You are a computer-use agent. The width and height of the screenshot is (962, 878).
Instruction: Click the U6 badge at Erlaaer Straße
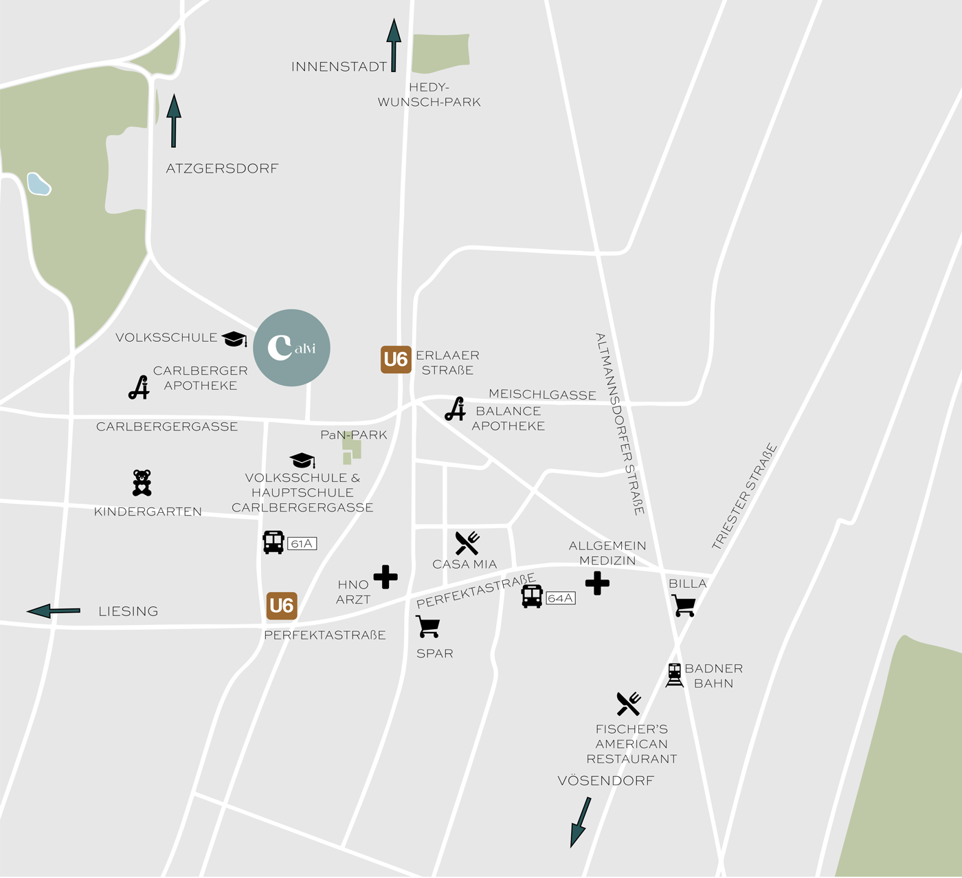(396, 360)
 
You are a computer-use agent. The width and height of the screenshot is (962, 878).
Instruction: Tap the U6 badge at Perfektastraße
(282, 606)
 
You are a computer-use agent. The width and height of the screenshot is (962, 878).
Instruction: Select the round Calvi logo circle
(292, 347)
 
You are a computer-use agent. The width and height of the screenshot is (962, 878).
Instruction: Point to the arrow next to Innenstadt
(394, 45)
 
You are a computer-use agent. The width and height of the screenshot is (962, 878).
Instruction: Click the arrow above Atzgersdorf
(174, 120)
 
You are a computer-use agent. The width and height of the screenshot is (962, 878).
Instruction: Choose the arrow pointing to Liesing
(54, 611)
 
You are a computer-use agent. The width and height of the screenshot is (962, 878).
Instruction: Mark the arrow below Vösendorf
(580, 822)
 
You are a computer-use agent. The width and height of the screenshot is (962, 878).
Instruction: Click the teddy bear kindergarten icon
(142, 483)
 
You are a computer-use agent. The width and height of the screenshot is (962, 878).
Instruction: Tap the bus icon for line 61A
(273, 542)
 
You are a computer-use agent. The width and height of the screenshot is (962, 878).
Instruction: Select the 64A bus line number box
(561, 598)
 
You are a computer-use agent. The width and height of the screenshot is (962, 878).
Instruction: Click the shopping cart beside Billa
(684, 606)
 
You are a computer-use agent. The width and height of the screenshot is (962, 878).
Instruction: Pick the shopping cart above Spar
(428, 626)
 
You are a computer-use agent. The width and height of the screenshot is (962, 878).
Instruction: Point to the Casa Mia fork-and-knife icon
(467, 543)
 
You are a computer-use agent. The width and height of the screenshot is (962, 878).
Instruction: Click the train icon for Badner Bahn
(675, 675)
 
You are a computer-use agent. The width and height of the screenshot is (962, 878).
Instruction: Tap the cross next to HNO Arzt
(385, 577)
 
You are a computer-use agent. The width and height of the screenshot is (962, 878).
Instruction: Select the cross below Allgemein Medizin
(597, 583)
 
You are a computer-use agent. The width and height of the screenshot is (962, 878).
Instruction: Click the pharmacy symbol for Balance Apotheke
(455, 409)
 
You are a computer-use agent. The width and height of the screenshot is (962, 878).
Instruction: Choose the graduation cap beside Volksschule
(234, 338)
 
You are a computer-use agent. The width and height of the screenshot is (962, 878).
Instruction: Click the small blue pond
(38, 184)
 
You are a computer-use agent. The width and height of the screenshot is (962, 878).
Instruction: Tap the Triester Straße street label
(744, 496)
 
